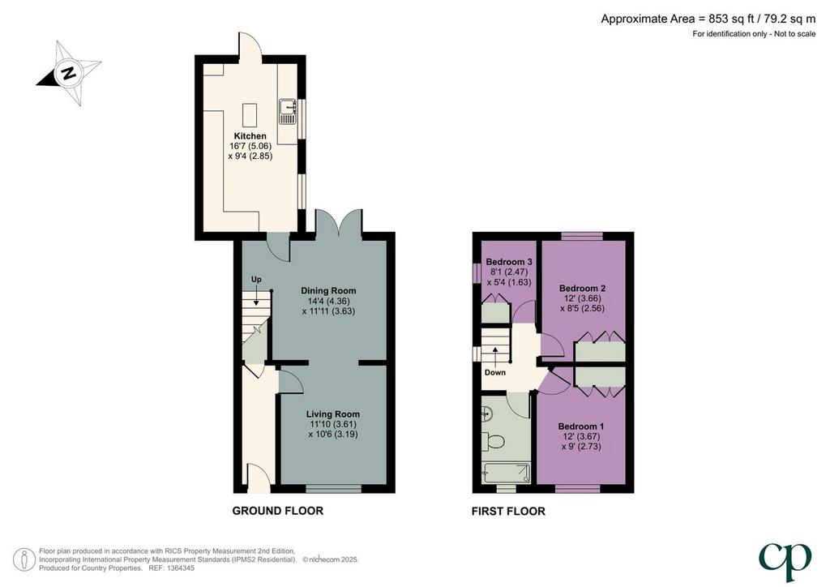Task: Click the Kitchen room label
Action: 250,136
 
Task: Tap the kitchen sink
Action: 288,111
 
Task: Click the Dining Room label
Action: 328,290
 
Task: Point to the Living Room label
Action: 333,414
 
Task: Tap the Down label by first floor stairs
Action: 495,372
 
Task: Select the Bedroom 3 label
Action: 509,262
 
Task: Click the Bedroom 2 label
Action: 582,289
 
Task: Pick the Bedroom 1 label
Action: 581,426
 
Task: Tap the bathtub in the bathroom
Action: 507,473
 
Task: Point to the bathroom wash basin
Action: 487,414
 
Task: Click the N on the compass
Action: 68,73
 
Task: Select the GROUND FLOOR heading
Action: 278,511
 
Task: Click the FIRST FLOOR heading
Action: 508,512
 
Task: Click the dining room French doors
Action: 340,222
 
